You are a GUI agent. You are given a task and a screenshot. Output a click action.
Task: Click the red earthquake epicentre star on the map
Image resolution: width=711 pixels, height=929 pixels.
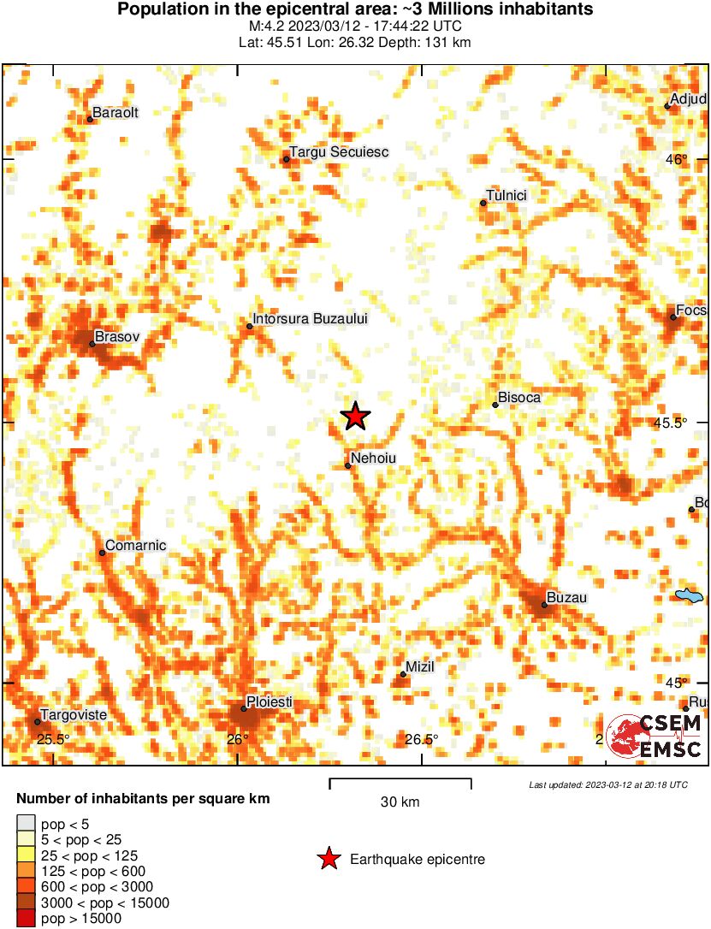point(355,417)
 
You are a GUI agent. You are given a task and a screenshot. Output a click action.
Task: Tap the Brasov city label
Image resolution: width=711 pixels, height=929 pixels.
point(116,338)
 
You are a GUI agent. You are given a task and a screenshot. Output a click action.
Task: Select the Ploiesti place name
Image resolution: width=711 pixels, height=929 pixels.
point(270,701)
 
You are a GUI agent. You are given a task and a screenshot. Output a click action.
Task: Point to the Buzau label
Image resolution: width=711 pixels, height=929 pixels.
point(566,598)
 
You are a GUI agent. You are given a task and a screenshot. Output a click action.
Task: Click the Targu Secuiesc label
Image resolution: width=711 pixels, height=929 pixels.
point(339,152)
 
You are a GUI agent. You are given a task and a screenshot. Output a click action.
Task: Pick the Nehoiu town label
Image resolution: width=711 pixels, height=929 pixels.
point(374,459)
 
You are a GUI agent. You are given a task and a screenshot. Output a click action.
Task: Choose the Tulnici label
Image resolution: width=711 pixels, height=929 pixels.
point(507,196)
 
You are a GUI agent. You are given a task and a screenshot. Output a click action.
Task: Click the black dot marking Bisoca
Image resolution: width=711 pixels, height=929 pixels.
point(495,405)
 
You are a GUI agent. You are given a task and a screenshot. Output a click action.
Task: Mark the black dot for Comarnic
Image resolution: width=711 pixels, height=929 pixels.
point(103,553)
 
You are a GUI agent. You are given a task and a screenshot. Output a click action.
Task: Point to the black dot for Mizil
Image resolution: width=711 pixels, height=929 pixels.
point(403,674)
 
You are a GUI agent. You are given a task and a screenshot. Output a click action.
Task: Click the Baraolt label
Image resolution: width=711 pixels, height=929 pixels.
point(115,112)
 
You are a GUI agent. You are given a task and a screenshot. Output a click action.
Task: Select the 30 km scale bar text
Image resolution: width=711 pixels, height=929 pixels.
point(400,802)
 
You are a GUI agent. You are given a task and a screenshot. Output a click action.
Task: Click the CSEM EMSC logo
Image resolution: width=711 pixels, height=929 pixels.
point(655,737)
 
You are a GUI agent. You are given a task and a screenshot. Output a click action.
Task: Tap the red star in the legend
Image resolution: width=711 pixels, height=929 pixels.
point(329,860)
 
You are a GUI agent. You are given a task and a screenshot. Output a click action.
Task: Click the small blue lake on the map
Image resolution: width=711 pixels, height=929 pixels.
point(689,595)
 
